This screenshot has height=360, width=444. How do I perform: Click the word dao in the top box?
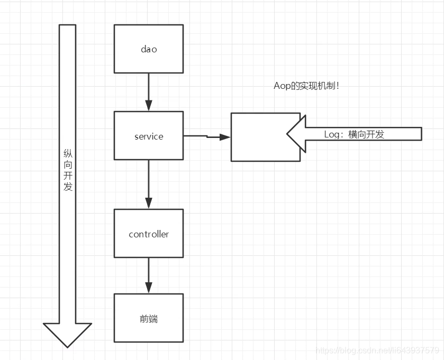tap(149, 49)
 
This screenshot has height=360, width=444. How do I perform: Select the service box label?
tap(149, 136)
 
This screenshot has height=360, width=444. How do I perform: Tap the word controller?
tap(149, 234)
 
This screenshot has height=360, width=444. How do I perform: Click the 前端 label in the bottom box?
tap(149, 319)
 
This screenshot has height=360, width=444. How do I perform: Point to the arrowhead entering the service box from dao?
tap(149, 105)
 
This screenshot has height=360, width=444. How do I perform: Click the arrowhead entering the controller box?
tap(149, 203)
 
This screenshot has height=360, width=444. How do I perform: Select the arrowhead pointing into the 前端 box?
tap(149, 288)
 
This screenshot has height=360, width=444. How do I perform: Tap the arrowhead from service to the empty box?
tap(225, 137)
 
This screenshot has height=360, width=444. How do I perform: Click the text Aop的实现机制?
tap(306, 86)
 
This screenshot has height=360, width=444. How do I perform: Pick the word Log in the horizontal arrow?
tap(332, 134)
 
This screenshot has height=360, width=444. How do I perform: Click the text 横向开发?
tap(366, 134)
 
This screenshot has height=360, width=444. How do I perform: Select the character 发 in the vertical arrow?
tap(68, 187)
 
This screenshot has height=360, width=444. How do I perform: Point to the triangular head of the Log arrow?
tap(296, 134)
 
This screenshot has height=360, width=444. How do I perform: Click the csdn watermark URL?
tap(377, 350)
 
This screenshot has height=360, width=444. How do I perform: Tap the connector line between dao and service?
tap(149, 87)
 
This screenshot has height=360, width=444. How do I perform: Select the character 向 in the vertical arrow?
tap(68, 164)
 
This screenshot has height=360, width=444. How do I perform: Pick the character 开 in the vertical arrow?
tap(68, 176)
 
